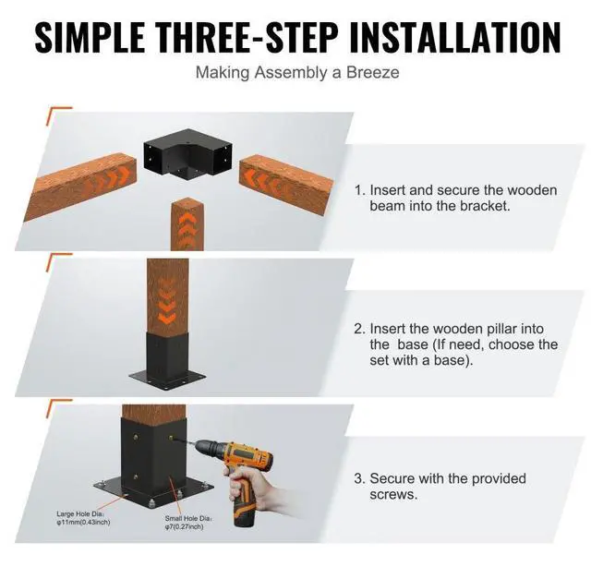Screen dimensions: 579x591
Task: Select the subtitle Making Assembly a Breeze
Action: pyautogui.click(x=296, y=72)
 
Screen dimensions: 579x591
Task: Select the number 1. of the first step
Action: pyautogui.click(x=360, y=190)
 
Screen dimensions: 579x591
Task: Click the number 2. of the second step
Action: pyautogui.click(x=360, y=329)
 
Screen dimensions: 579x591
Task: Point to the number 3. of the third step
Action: pyautogui.click(x=360, y=478)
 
